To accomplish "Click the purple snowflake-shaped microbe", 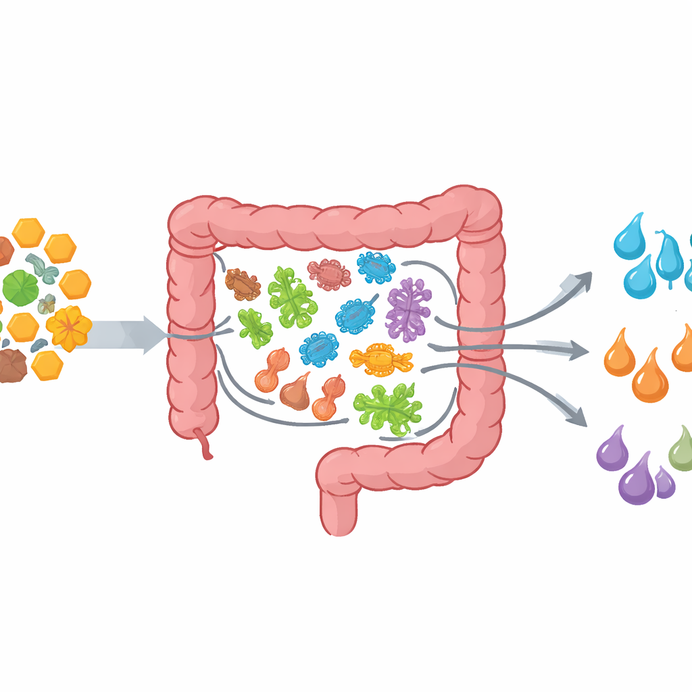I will [408, 310].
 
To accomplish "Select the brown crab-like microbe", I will [242, 284].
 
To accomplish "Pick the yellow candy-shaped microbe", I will [380, 357].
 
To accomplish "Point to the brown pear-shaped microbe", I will [295, 392].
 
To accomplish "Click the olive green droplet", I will [681, 450].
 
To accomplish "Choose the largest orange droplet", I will [650, 378].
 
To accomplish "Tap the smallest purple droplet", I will [665, 483].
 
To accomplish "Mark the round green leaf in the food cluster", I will [21, 287].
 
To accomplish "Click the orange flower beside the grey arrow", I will [69, 328].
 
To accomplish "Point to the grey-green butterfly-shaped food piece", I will [43, 267].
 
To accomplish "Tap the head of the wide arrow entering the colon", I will [155, 335].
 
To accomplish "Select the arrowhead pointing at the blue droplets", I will [580, 280].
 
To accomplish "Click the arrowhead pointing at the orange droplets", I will [579, 349].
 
